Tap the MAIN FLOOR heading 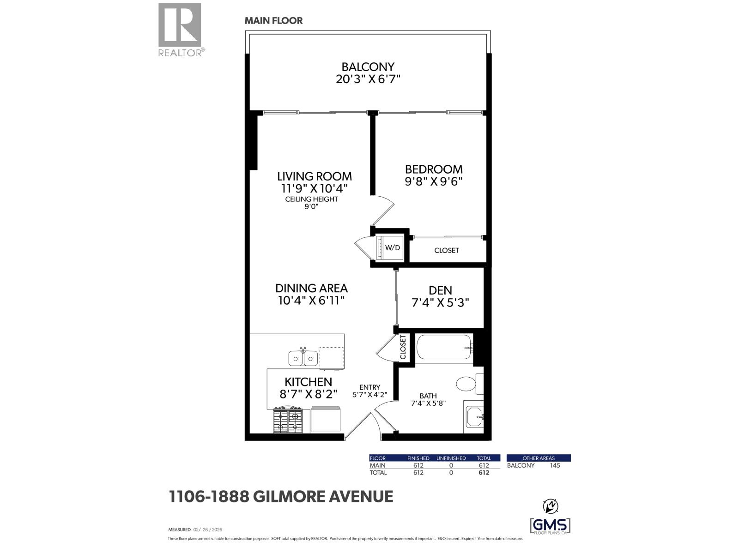[273, 21]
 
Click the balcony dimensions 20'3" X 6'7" [368, 79]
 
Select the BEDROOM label [433, 169]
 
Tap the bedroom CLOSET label [447, 250]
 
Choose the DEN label [440, 290]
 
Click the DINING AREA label [311, 288]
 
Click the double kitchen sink [303, 358]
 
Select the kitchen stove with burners [287, 420]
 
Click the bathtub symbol [444, 348]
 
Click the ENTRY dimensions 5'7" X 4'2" [369, 395]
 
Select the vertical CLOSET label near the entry [403, 348]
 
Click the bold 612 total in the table [483, 473]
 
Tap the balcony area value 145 [555, 465]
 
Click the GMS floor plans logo [550, 526]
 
